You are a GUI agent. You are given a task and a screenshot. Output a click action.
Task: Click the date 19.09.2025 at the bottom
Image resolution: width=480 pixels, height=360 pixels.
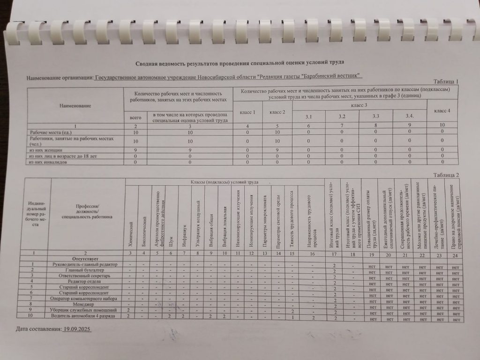coord(77,330)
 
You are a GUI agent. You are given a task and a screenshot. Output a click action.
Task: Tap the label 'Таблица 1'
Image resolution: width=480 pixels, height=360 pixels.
coord(445,82)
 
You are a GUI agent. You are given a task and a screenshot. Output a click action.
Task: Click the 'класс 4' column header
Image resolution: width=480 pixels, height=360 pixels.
coord(442,110)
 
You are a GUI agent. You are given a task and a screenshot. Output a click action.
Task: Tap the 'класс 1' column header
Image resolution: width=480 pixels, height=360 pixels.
coord(247,112)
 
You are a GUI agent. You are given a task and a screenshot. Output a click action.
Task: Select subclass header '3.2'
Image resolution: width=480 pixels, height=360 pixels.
coord(342,116)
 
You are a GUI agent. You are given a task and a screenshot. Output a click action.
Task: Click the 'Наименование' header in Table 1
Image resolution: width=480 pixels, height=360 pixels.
coord(75,106)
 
